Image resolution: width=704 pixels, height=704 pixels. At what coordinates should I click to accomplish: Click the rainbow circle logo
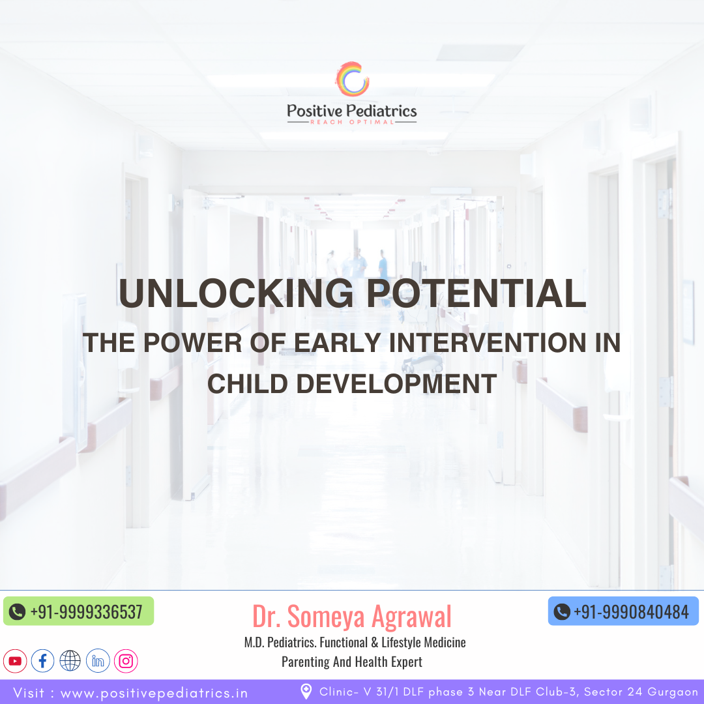pos(353,79)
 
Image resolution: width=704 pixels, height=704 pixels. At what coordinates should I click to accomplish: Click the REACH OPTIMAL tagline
pos(352,122)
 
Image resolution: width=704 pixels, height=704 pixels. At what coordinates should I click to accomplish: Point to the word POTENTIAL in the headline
pos(477,293)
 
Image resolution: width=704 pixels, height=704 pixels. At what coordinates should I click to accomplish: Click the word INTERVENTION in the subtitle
pos(488,343)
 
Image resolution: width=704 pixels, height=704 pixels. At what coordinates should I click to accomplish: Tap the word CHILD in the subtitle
pos(248,384)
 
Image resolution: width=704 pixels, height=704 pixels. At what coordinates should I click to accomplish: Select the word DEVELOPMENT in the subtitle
pos(396,384)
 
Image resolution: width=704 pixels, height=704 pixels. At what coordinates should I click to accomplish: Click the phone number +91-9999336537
pos(86,612)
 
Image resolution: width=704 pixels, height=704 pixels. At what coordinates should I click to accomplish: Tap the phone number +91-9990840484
pos(631,612)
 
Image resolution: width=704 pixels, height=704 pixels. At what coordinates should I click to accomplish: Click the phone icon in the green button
pos(17,612)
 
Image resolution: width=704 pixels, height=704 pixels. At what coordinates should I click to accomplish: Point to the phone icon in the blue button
pos(562,611)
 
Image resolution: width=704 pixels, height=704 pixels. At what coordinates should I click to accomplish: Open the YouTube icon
pos(15,661)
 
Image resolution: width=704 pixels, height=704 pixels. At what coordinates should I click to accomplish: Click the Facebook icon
pos(42,661)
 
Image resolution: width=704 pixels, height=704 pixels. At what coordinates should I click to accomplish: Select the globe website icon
pos(70,661)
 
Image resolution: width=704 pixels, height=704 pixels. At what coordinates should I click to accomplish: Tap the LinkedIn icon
pos(98,661)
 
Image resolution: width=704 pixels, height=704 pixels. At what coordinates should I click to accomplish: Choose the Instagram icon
pos(126,661)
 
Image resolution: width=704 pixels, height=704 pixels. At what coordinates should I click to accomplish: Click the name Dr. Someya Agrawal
pos(352,616)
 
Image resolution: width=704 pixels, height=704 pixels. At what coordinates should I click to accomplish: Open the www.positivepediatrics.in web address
pos(154,693)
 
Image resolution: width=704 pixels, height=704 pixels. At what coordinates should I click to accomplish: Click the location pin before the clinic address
pos(306,692)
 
